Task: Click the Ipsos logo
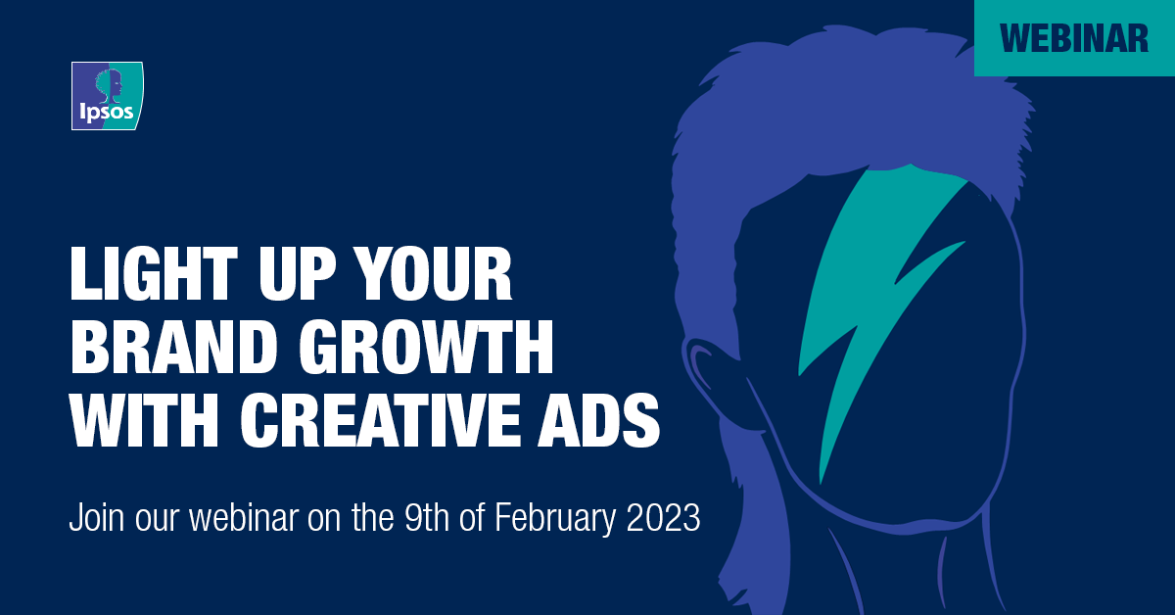click(108, 96)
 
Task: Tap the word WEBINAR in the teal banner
click(1074, 38)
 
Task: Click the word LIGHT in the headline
click(154, 273)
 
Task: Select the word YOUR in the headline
click(431, 273)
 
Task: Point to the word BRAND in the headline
click(174, 347)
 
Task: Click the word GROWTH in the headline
click(426, 347)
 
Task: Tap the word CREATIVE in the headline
click(381, 420)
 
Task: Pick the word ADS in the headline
click(599, 420)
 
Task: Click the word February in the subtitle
click(554, 519)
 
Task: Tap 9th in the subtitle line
click(427, 517)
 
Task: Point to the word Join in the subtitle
click(97, 517)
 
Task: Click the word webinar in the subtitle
click(244, 517)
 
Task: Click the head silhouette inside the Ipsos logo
click(109, 86)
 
